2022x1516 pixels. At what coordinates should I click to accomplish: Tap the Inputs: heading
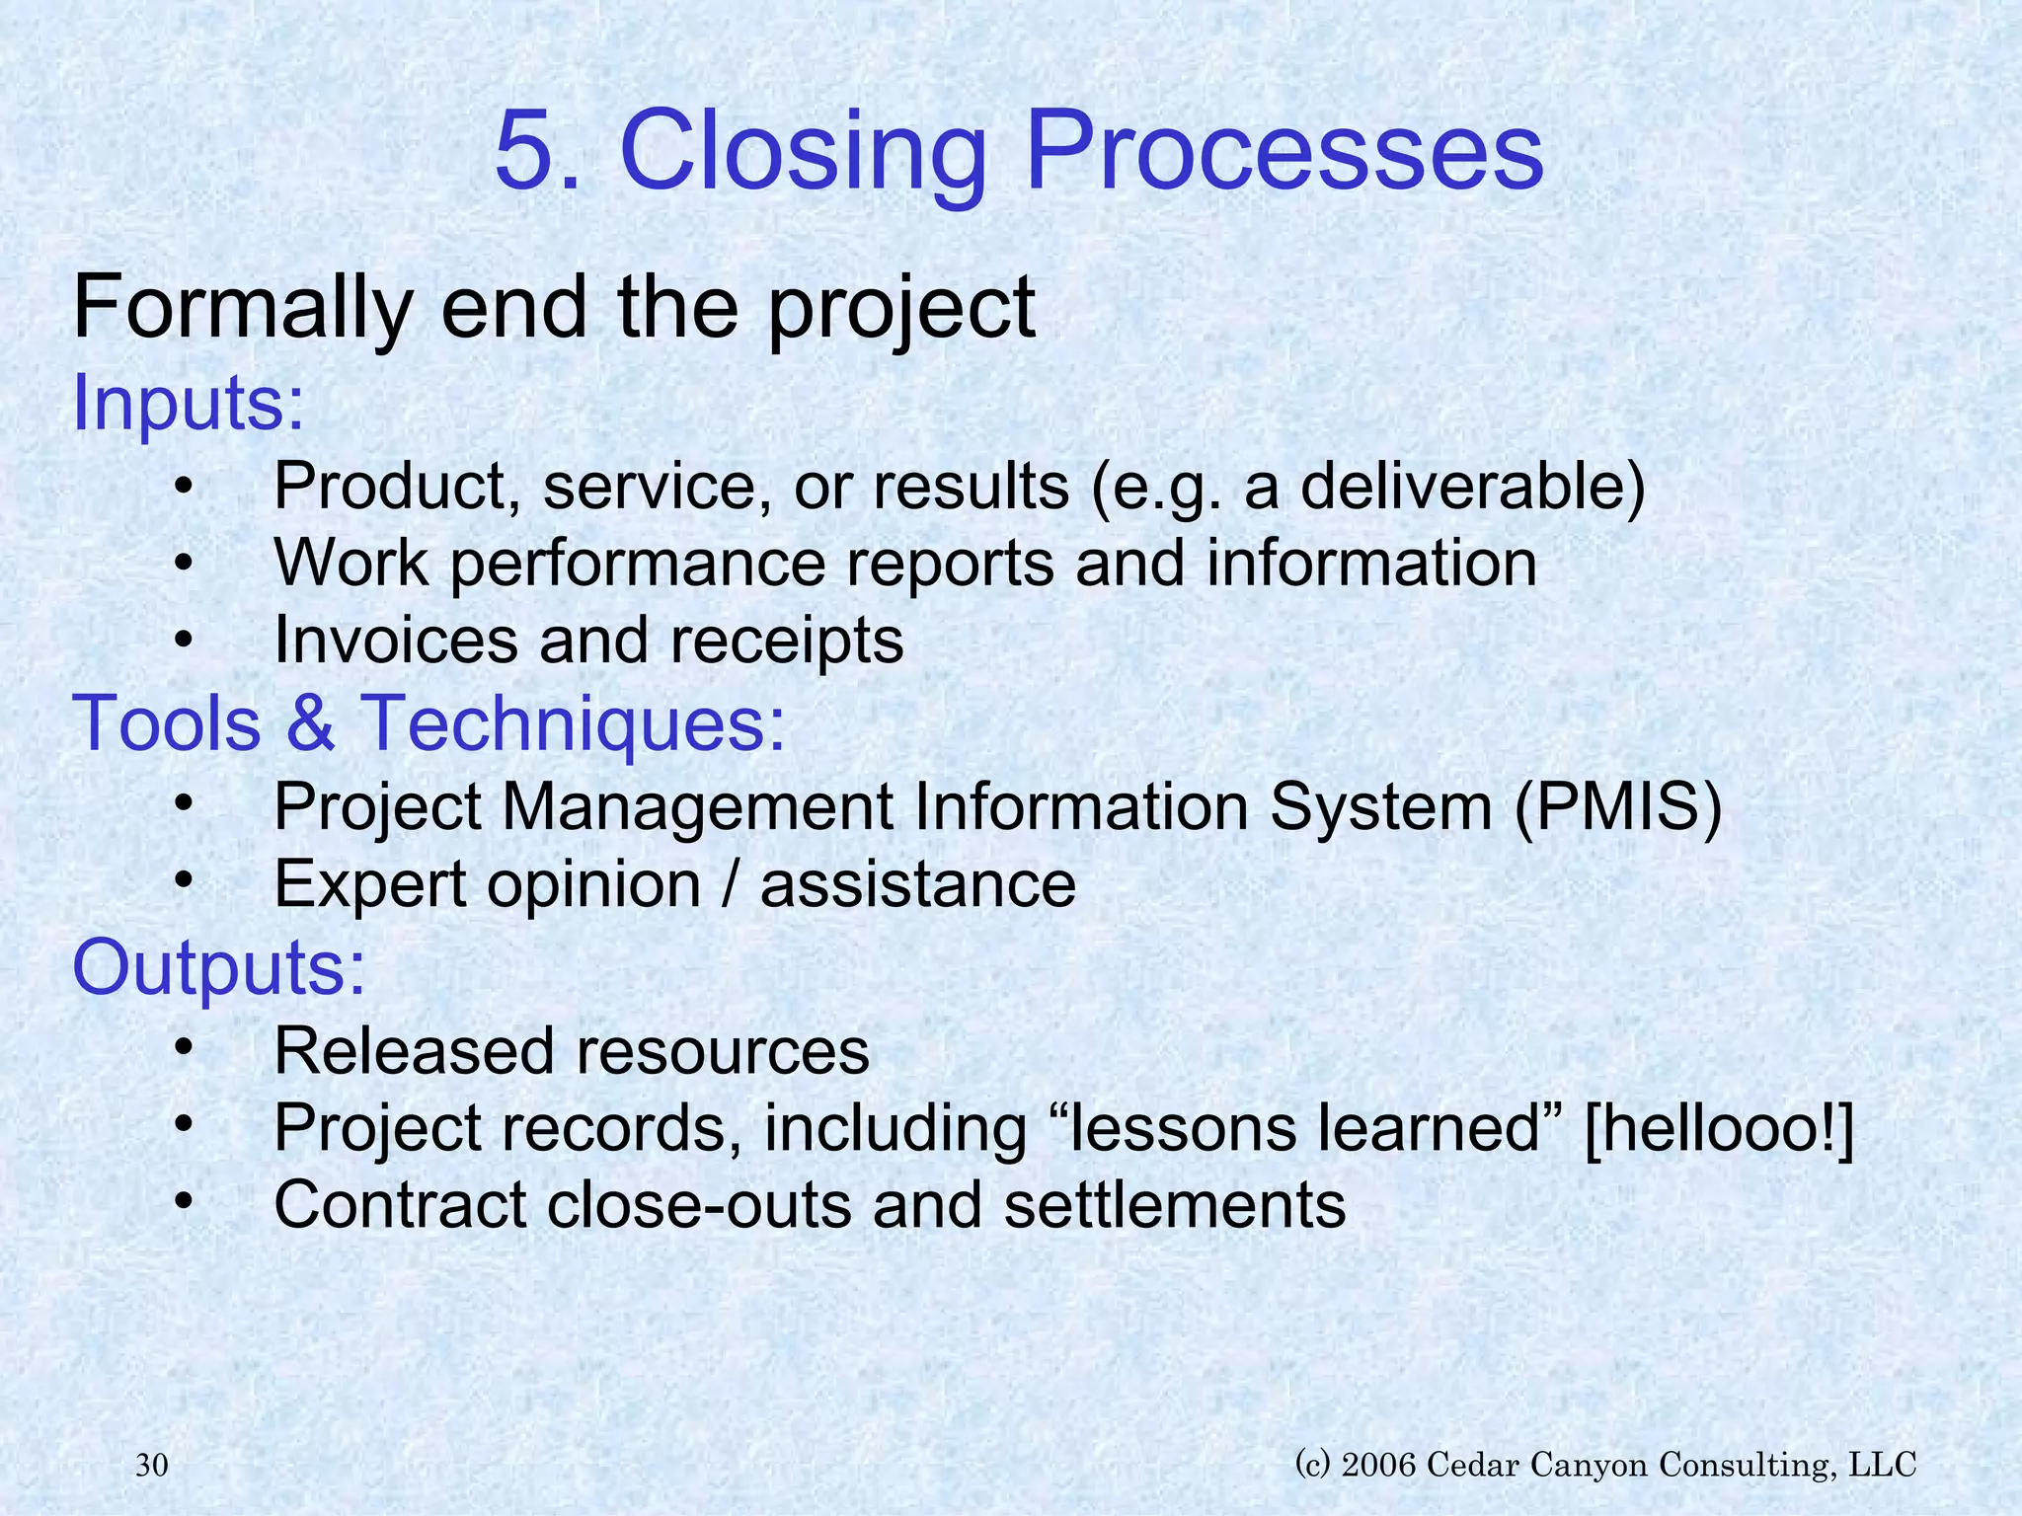[x=189, y=404]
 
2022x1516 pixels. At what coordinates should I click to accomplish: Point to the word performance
[x=638, y=564]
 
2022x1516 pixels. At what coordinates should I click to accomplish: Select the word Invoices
[x=395, y=641]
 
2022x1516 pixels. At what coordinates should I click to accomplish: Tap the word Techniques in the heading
[x=574, y=723]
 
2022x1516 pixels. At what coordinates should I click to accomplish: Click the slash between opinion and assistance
[x=730, y=884]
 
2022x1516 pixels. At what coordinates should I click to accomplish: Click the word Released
[x=412, y=1050]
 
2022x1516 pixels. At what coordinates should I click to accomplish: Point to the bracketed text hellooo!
[x=1718, y=1127]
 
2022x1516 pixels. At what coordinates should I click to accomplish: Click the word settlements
[x=1174, y=1205]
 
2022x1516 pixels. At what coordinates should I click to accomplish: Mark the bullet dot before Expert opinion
[x=183, y=881]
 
